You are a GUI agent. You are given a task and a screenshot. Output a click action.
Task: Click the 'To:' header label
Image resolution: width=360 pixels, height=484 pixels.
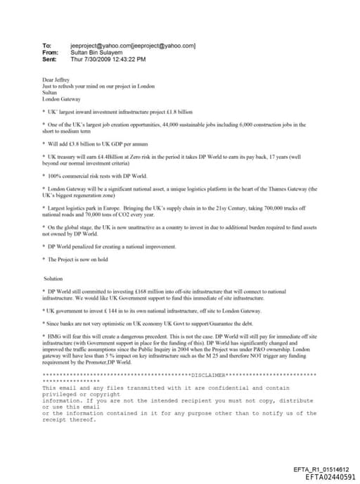47,46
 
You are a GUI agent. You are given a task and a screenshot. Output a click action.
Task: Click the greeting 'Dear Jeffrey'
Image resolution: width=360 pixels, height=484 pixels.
57,81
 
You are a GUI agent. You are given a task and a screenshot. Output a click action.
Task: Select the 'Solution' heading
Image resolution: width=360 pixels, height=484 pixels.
53,279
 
